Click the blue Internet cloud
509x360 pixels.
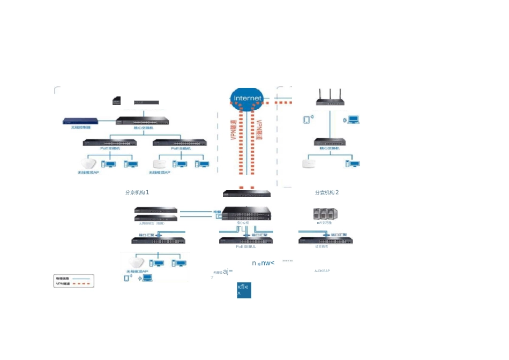coord(247,98)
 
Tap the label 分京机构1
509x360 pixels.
coord(137,192)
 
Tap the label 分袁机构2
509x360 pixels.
coord(327,192)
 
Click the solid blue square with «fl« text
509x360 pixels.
coord(244,290)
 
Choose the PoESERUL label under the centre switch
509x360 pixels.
coord(246,247)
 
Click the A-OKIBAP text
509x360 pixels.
coord(322,271)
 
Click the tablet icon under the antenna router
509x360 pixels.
coord(306,119)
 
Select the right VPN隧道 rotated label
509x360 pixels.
coord(260,130)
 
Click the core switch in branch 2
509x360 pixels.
coord(329,142)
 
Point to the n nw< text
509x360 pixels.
coord(263,263)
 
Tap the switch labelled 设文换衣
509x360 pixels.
coord(325,240)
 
